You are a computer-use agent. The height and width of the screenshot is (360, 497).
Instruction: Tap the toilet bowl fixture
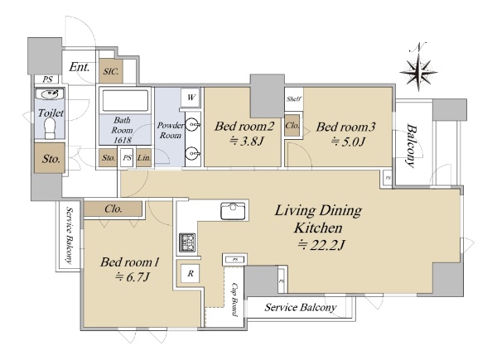click(51, 128)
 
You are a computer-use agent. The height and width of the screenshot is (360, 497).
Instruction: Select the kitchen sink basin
click(233, 211)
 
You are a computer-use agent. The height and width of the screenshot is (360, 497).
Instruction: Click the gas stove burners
click(187, 242)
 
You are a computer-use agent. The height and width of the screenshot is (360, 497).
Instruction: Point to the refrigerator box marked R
click(191, 273)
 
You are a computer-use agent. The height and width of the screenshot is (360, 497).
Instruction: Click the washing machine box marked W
click(191, 97)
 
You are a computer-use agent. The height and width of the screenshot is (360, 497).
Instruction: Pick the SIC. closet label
click(111, 71)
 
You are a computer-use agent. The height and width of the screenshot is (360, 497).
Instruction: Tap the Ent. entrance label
click(80, 67)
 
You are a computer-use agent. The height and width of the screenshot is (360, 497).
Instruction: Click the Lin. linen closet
click(144, 157)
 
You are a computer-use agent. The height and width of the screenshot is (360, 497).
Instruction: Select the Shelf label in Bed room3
click(294, 99)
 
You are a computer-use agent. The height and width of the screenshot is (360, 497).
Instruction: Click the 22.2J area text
click(321, 245)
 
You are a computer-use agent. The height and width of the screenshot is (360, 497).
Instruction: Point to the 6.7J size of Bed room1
click(133, 277)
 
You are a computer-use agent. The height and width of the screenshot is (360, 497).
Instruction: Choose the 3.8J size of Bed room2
click(246, 141)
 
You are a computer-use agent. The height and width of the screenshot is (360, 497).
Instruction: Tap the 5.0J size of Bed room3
click(348, 142)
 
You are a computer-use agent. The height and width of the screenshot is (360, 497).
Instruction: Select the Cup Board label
click(234, 300)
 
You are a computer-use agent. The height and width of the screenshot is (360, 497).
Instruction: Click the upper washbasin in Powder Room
click(192, 124)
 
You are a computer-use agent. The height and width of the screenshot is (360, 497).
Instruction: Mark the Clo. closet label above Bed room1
click(113, 209)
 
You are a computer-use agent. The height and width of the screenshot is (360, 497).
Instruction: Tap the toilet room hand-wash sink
click(50, 94)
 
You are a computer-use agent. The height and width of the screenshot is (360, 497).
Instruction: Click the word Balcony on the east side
click(411, 146)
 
